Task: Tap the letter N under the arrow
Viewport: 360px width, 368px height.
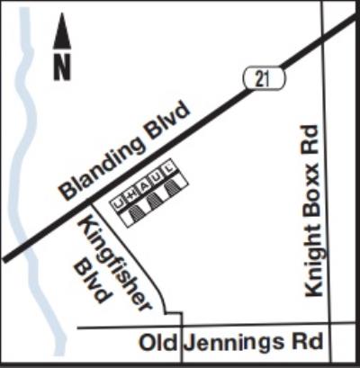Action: pyautogui.click(x=62, y=68)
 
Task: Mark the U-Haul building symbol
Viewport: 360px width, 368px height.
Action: pyautogui.click(x=151, y=197)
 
